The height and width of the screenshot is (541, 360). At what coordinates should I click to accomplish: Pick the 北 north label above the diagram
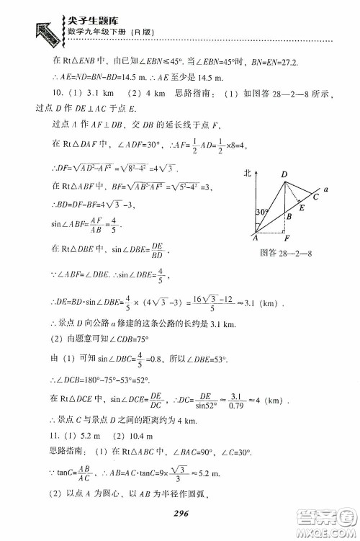pos(248,174)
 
